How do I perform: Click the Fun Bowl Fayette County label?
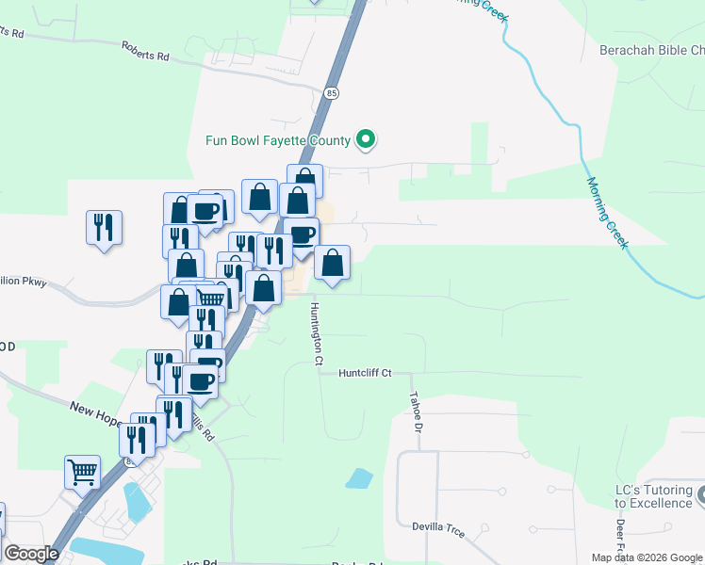(278, 141)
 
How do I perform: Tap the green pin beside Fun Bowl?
(367, 141)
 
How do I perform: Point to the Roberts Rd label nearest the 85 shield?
(145, 51)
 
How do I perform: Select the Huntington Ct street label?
(318, 333)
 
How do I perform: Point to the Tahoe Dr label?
(415, 412)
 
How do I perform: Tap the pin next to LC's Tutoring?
(701, 492)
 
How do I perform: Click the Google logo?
(31, 554)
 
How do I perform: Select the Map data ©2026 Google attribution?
(648, 557)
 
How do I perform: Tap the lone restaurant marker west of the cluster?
(104, 228)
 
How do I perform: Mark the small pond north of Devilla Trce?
(359, 478)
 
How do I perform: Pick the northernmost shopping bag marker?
(304, 180)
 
